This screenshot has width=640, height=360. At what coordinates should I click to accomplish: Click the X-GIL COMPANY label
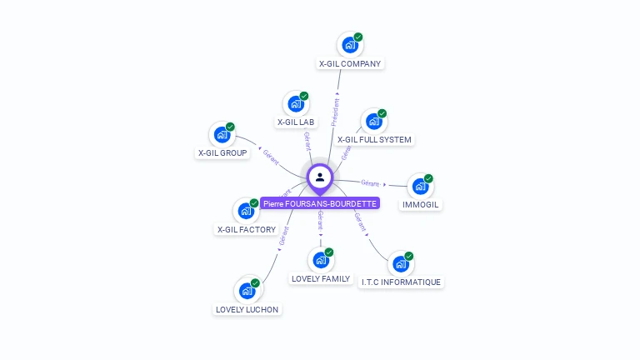(x=350, y=63)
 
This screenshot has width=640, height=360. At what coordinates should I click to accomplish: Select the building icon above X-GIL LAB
(x=295, y=104)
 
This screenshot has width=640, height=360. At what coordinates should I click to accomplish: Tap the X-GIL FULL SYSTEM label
(x=374, y=139)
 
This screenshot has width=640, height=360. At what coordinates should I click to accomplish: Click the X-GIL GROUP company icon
(x=222, y=134)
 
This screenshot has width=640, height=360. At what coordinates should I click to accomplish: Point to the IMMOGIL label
(x=420, y=204)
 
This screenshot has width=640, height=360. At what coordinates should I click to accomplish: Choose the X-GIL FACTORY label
(x=246, y=229)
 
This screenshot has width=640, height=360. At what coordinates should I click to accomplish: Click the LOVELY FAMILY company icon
(x=320, y=260)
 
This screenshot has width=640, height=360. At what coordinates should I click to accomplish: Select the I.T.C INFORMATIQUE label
(x=401, y=282)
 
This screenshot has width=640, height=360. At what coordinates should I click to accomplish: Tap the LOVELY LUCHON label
(x=247, y=309)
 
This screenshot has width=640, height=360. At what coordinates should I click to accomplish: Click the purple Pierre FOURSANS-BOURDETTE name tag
(x=320, y=203)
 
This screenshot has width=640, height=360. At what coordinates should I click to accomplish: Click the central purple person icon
(x=320, y=177)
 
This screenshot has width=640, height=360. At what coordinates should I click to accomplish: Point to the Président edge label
(x=336, y=111)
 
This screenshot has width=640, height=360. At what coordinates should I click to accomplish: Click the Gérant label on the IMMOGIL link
(x=370, y=183)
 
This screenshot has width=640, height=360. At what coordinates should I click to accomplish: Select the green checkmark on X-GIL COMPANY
(x=358, y=37)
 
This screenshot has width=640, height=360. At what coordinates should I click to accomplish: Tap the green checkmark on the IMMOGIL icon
(x=428, y=178)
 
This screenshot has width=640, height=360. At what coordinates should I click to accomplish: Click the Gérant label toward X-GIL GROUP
(x=271, y=156)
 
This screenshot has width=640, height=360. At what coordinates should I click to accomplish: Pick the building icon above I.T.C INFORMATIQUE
(x=400, y=264)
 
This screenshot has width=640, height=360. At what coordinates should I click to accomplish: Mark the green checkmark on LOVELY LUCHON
(x=255, y=283)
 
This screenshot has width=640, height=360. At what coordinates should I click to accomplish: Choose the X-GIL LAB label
(x=296, y=122)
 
